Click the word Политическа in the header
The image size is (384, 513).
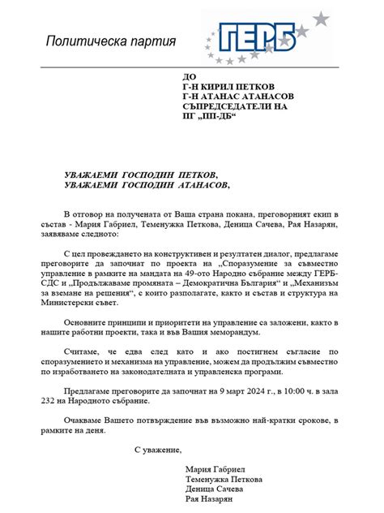click(79, 41)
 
